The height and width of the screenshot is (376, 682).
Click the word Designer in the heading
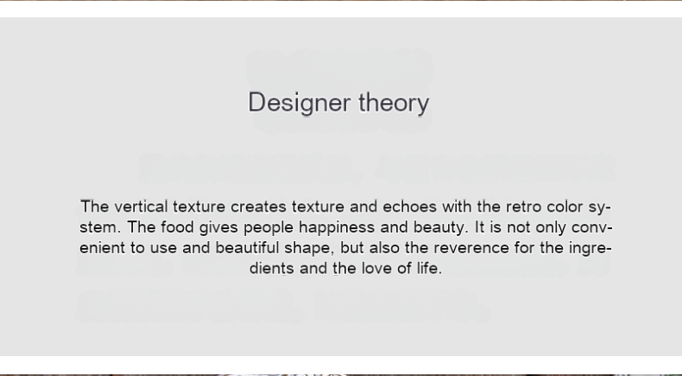point(300,103)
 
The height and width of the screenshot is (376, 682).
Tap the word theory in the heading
point(394,103)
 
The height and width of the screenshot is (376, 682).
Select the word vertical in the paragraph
point(141,207)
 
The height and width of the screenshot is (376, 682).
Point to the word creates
point(258,207)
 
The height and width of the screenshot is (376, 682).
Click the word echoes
point(409,207)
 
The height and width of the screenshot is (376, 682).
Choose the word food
point(177,227)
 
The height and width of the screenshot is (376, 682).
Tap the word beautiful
point(247,248)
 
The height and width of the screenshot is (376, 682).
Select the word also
point(386,248)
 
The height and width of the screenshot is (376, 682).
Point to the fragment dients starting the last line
point(272,268)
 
